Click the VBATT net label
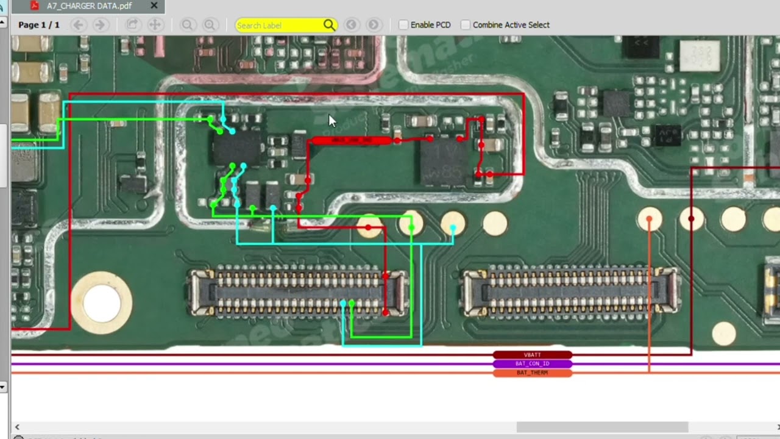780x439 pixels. click(532, 355)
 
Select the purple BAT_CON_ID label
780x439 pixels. click(532, 364)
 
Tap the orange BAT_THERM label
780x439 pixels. click(532, 373)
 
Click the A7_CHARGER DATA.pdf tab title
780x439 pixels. click(89, 6)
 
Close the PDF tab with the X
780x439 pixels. click(154, 6)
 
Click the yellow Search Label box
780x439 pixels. click(279, 25)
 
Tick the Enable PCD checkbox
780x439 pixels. click(403, 25)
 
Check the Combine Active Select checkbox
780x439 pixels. click(466, 25)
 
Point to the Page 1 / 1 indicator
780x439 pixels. click(39, 25)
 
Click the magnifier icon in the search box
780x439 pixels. click(329, 25)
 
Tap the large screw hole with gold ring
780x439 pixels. click(102, 303)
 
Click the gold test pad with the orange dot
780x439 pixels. click(650, 220)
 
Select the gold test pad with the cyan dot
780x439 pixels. click(453, 224)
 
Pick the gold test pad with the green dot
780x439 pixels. click(411, 224)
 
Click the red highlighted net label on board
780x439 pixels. click(351, 141)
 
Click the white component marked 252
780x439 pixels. click(699, 55)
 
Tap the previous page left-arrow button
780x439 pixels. click(77, 25)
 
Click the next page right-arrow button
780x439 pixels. click(101, 25)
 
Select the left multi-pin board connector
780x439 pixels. click(297, 292)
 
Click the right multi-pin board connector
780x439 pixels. click(570, 292)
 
